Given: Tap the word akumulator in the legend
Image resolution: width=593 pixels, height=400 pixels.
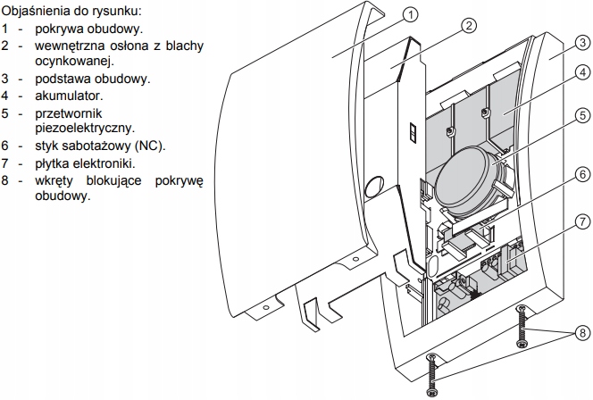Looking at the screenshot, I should (71, 95).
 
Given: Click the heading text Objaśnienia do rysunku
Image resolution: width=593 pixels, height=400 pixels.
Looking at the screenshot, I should (71, 12).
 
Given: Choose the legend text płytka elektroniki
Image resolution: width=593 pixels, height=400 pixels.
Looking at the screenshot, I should (86, 162).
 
